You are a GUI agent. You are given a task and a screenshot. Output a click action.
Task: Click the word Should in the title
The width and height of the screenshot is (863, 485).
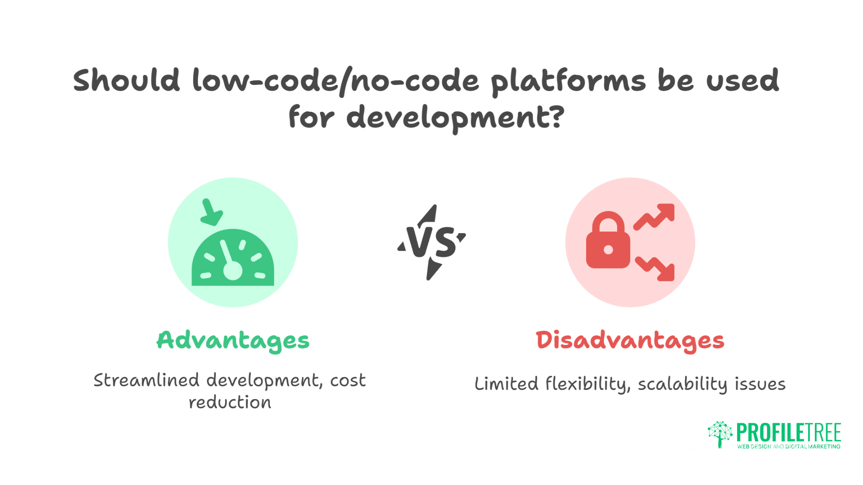point(126,81)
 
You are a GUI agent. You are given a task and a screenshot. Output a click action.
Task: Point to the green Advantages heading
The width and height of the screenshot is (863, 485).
point(233,340)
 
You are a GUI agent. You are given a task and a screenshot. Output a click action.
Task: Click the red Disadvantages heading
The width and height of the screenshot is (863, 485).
point(630,340)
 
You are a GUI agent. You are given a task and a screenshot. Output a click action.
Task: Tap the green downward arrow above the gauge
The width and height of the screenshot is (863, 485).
point(210,212)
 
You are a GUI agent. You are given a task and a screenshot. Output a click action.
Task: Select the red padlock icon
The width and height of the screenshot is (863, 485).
point(608,241)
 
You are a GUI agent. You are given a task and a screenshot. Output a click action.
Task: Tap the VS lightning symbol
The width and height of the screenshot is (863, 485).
point(431,242)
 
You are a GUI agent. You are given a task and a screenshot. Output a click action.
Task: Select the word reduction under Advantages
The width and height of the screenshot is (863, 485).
point(230,402)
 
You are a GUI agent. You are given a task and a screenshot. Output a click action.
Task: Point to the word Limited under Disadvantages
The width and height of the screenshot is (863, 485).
point(506,384)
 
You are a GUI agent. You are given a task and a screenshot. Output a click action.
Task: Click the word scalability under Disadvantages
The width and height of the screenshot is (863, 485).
point(682,384)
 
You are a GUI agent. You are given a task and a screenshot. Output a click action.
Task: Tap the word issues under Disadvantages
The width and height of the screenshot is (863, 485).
point(760,384)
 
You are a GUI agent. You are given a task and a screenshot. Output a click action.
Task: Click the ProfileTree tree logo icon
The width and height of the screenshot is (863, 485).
point(720,434)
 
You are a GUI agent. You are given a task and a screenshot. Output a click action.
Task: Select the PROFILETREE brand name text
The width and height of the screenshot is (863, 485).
point(788,432)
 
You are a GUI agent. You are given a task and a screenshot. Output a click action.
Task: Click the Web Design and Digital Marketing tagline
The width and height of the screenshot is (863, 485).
point(788,446)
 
